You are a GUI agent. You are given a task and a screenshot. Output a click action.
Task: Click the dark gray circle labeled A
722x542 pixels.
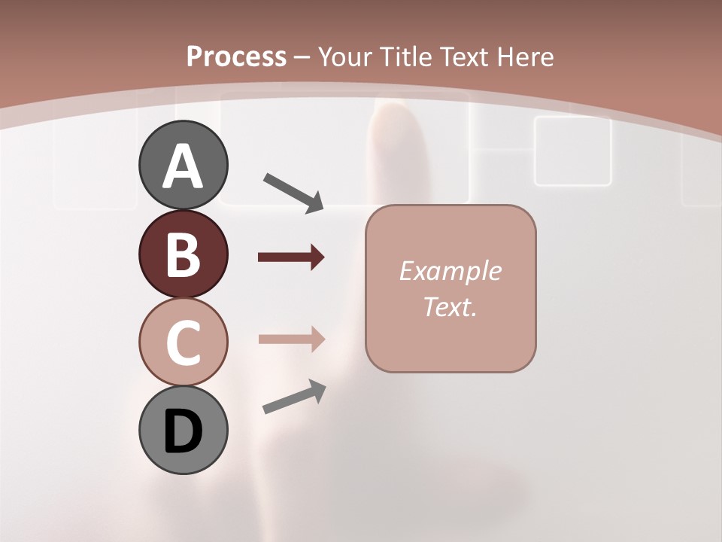(x=183, y=165)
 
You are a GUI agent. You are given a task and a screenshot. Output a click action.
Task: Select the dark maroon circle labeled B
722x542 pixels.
(x=183, y=254)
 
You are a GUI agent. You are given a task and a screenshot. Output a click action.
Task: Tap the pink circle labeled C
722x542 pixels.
(x=183, y=342)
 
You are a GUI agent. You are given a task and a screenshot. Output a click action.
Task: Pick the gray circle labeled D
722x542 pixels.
(x=183, y=430)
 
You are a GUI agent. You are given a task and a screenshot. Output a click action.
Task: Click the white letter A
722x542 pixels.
(x=183, y=166)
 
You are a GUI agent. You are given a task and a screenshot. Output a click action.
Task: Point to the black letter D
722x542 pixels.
(x=183, y=432)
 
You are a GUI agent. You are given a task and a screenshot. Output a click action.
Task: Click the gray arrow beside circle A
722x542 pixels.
(x=293, y=192)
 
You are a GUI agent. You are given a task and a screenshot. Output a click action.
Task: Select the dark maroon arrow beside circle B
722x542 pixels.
(x=291, y=257)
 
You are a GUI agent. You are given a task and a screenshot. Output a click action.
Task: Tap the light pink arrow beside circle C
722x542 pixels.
(x=291, y=339)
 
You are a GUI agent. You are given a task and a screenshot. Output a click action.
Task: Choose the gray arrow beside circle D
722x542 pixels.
(x=294, y=397)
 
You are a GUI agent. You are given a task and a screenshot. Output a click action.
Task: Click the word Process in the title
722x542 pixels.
(x=236, y=56)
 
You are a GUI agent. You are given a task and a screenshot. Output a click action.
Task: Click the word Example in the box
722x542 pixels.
(x=450, y=271)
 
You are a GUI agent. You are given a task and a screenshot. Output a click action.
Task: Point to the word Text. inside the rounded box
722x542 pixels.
(x=450, y=306)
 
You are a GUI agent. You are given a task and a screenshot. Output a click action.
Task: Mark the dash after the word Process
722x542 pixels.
(x=302, y=57)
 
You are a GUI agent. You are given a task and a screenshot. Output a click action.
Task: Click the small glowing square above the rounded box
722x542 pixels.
(x=572, y=151)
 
